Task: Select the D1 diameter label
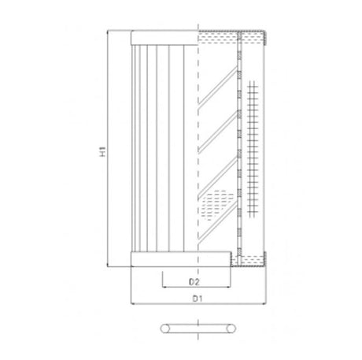click(198, 299)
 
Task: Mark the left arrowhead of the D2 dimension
click(164, 287)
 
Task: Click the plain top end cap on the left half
click(163, 38)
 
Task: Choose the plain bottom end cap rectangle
click(163, 259)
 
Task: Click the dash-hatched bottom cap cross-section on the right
click(250, 258)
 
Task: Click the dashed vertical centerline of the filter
click(199, 150)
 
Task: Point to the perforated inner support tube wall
click(238, 150)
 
